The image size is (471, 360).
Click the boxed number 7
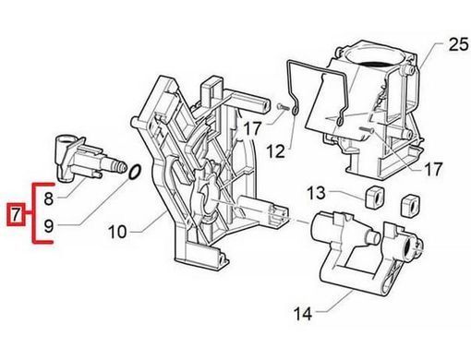click(x=16, y=214)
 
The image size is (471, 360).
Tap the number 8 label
click(x=49, y=198)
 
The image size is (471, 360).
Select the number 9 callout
click(x=49, y=226)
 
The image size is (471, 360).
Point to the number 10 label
click(x=117, y=232)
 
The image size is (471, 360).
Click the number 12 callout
click(x=275, y=150)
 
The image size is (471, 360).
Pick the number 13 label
click(x=316, y=193)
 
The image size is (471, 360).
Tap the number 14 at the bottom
click(x=303, y=314)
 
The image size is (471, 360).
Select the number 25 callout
click(x=458, y=44)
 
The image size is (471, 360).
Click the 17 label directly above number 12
click(x=252, y=128)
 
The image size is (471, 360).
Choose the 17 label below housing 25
click(x=433, y=169)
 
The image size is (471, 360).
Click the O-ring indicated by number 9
click(x=135, y=172)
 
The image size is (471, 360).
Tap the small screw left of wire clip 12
click(x=282, y=107)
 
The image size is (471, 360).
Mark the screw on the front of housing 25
click(x=367, y=130)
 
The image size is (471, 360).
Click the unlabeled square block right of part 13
click(x=410, y=205)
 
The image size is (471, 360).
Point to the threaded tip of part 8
click(x=122, y=166)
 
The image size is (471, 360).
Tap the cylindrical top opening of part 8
click(x=63, y=141)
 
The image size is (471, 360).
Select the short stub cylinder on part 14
click(x=373, y=237)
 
